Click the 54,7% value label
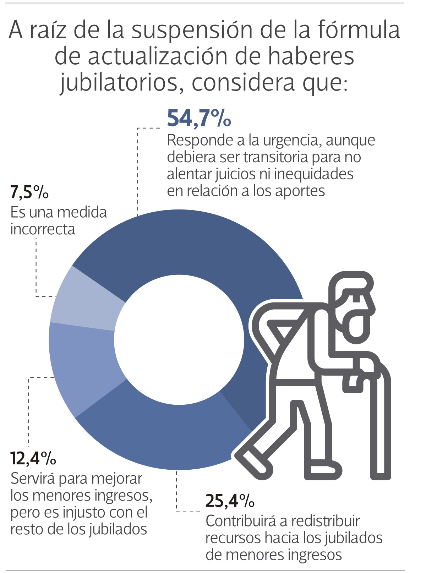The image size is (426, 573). tap(199, 118)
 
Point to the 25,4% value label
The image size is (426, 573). tap(230, 501)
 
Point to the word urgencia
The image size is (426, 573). tap(292, 141)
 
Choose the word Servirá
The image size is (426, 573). tap(33, 479)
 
